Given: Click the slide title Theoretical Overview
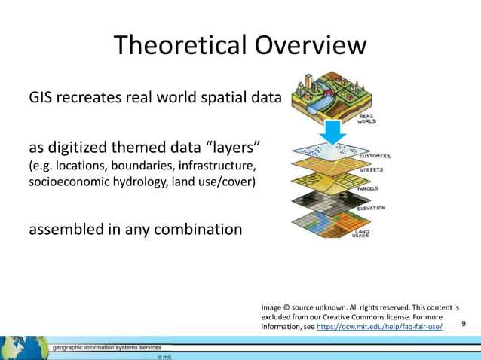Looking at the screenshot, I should [240, 46].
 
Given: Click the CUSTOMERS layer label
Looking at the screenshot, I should [374, 157].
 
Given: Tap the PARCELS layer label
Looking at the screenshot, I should [367, 190].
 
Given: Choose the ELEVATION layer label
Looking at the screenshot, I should [370, 208].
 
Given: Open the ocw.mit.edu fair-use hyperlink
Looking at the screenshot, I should [379, 328].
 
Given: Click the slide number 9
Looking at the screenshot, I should [464, 324].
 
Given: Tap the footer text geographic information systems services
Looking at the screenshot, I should [106, 348].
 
